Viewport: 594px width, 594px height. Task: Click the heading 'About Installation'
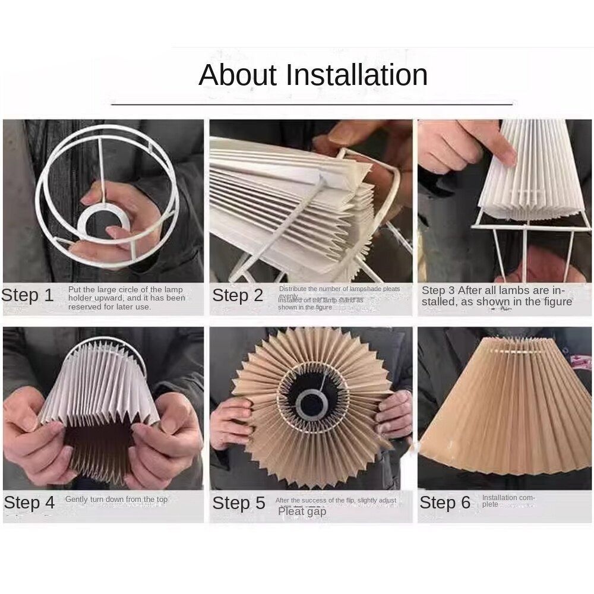coord(313,75)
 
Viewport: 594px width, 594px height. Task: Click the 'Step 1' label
coord(27,295)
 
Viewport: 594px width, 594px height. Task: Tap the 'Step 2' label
coord(238,295)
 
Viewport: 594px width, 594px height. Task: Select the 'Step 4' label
coord(29,503)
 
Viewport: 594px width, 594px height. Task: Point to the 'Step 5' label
coord(239,503)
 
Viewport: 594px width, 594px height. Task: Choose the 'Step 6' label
coord(445,503)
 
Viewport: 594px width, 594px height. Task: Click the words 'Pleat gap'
coord(302,511)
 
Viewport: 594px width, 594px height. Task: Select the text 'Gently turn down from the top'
coord(116,500)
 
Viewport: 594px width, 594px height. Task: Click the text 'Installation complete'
coord(508,501)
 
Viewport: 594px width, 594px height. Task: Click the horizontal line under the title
coord(312,104)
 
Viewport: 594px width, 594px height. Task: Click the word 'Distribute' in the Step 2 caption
coord(294,289)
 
